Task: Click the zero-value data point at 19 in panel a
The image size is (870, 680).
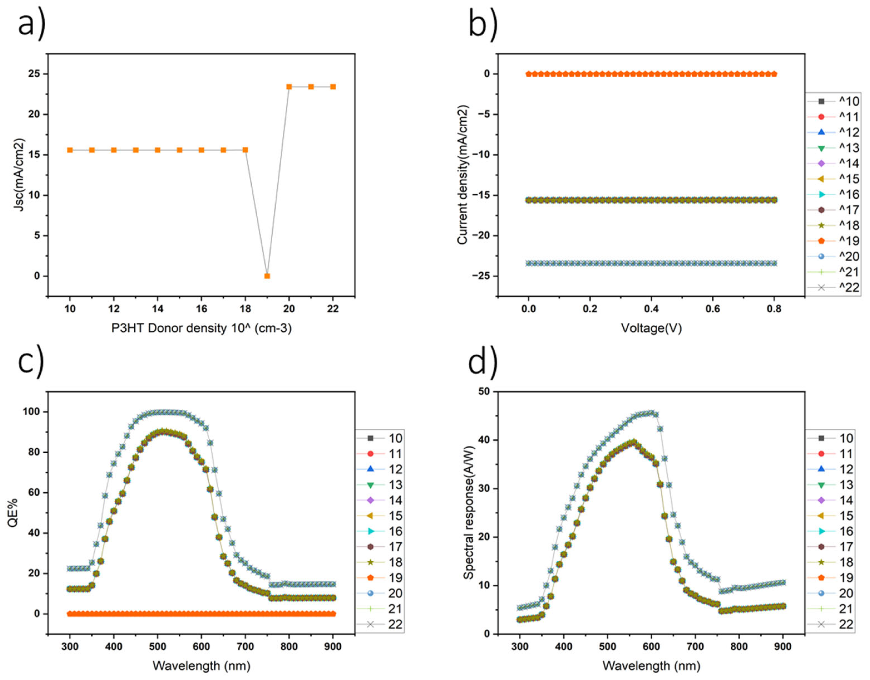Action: coord(267,276)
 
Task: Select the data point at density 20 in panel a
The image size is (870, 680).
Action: coord(289,86)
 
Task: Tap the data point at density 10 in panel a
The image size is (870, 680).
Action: coord(70,150)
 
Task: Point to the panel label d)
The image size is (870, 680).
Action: coord(483,363)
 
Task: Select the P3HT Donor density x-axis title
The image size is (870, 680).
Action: coord(201,328)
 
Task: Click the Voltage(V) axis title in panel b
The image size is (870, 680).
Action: coord(651,328)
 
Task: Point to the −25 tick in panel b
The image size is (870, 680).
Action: coord(483,276)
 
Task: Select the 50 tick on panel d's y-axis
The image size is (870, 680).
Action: coord(484,392)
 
